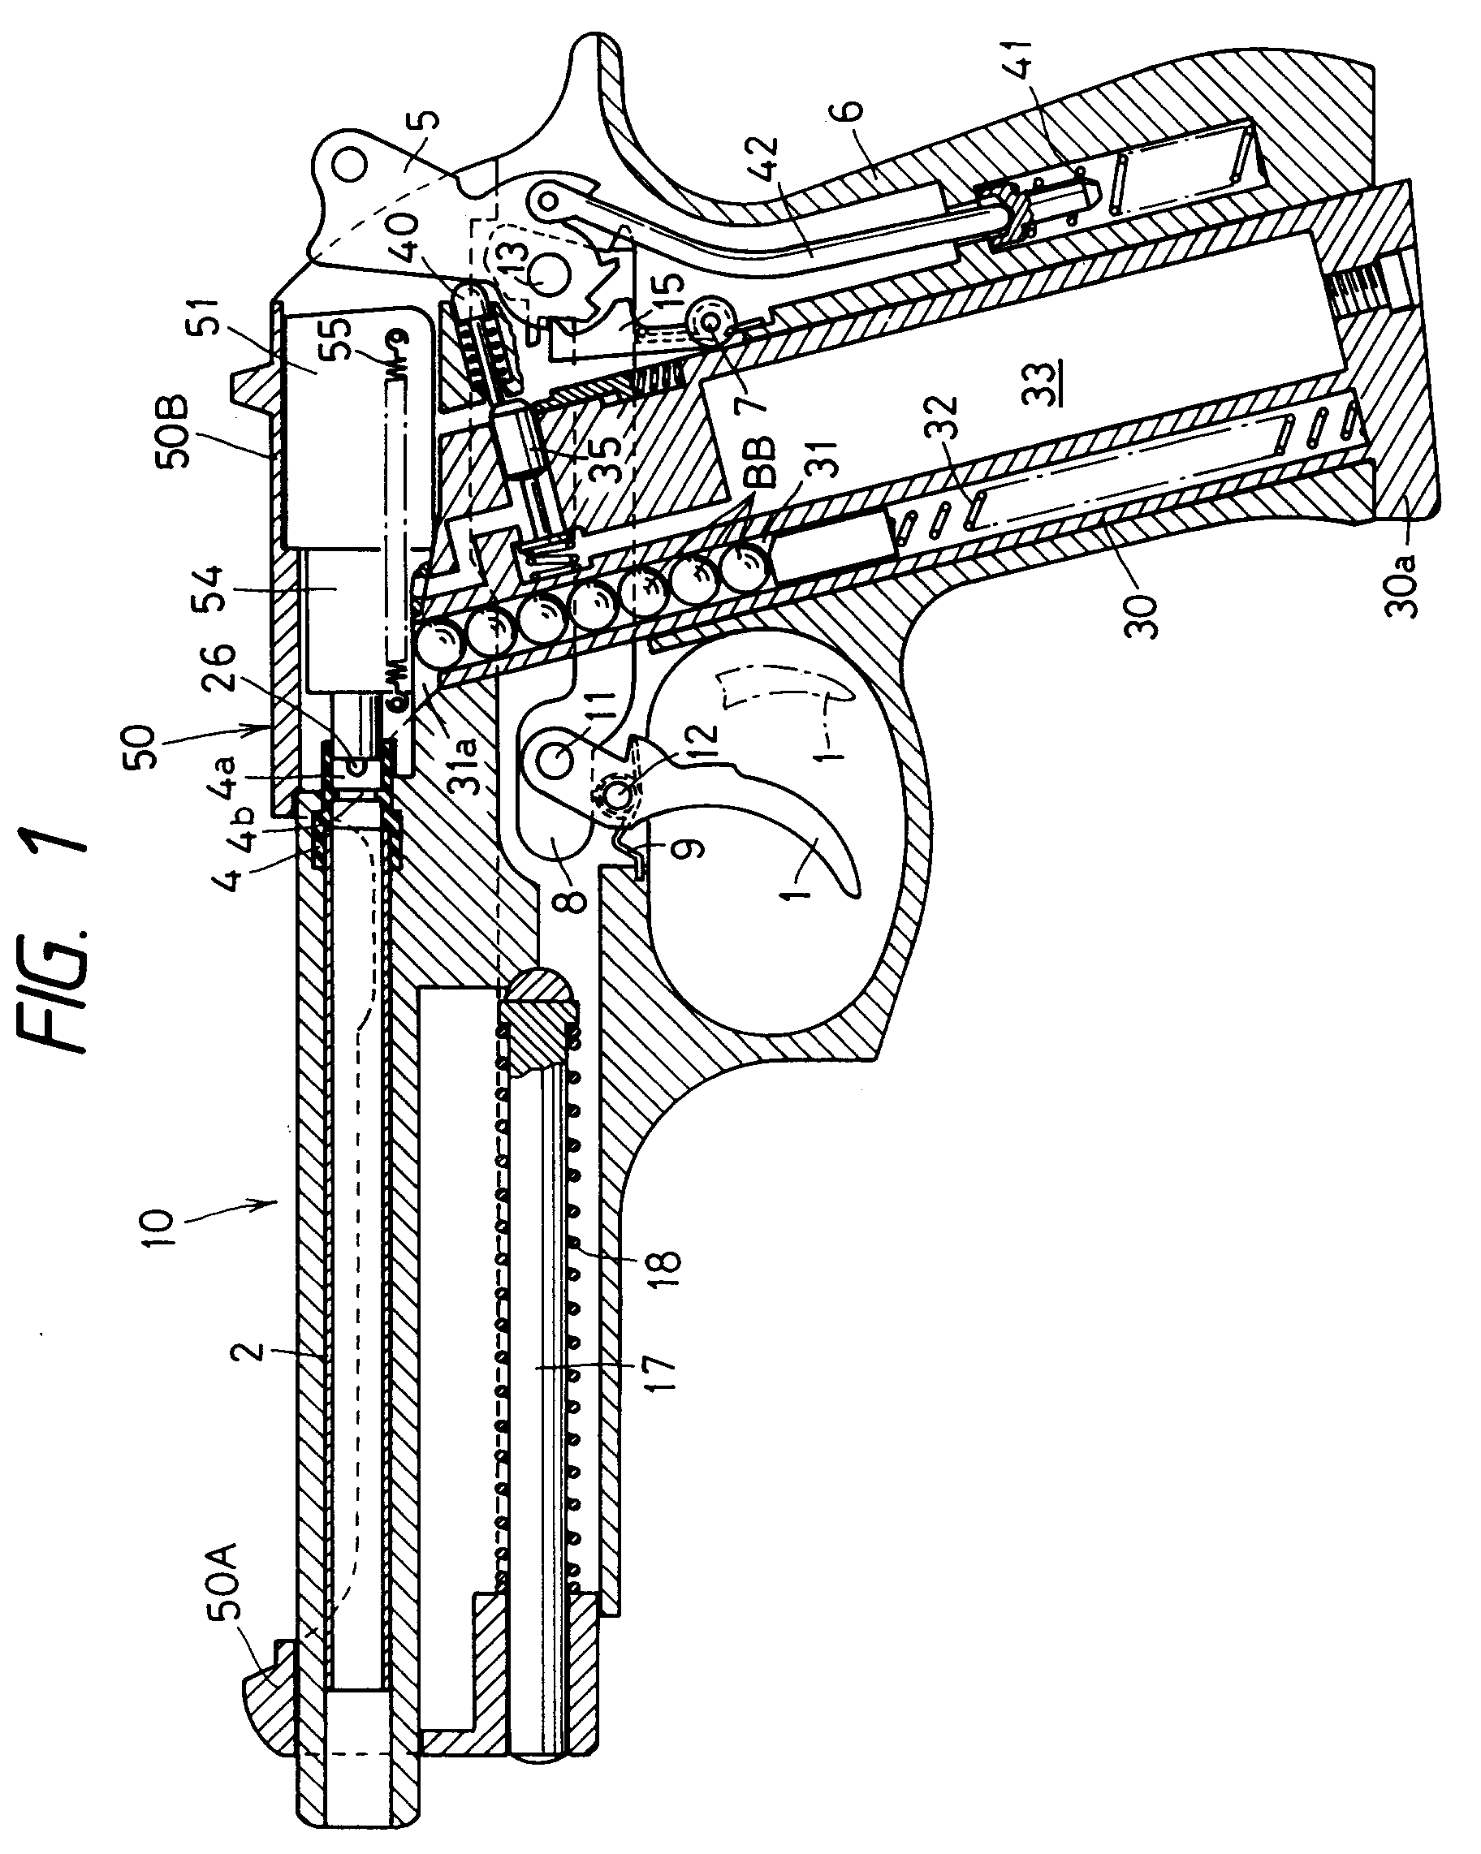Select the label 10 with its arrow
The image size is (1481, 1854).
(160, 1231)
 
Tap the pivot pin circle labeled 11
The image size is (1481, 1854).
(560, 758)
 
